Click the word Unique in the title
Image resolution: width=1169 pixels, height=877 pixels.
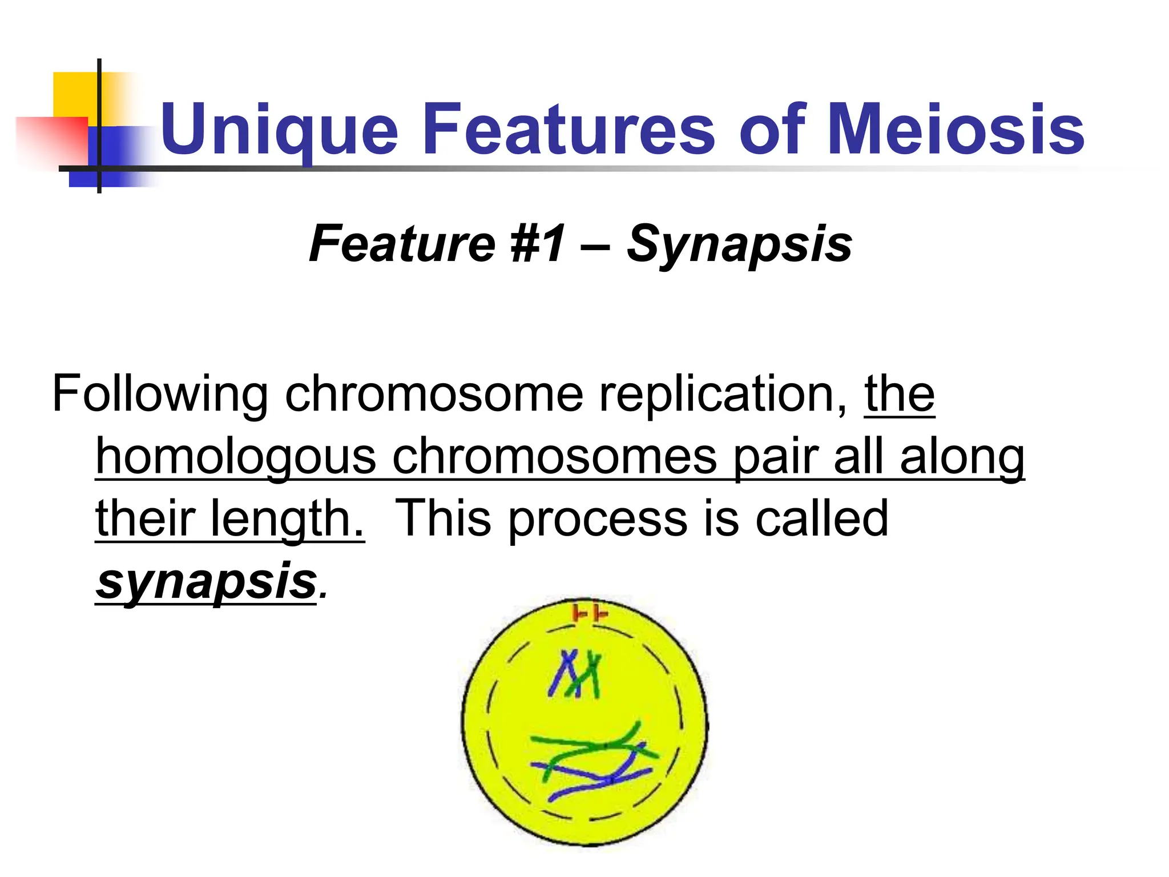click(x=279, y=130)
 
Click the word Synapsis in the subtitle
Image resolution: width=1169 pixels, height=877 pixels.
click(x=739, y=244)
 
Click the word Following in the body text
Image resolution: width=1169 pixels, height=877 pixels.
click(x=160, y=395)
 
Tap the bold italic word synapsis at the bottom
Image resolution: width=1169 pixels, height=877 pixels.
click(x=206, y=581)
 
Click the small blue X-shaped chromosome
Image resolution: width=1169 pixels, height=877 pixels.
click(x=565, y=674)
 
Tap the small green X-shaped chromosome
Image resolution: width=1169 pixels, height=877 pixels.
click(x=591, y=677)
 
